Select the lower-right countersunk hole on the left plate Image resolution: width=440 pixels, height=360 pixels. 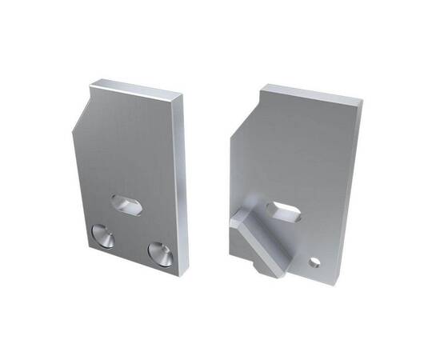tap(160, 252)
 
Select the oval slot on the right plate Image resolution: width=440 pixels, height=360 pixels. tap(285, 213)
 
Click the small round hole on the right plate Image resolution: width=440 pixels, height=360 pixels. tap(315, 262)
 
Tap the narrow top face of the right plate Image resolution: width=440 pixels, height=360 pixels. tap(312, 94)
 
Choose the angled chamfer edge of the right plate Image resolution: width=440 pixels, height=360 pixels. tap(245, 114)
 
